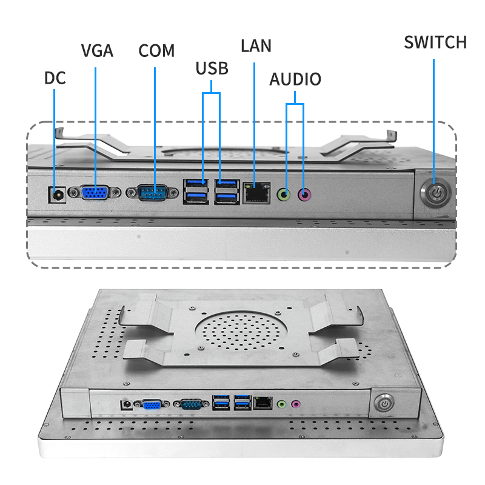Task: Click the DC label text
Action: pos(55,78)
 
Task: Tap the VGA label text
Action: pos(97,50)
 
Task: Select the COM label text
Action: pos(156,50)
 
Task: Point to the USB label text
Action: pos(212,68)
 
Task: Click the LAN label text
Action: pos(256,45)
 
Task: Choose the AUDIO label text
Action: pos(295,79)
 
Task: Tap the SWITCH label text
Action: pos(435,42)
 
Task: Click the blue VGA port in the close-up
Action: pos(96,193)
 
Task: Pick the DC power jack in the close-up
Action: pos(56,195)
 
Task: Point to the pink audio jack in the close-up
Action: pos(305,195)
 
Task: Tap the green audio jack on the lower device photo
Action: pos(281,403)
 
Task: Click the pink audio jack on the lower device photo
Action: pos(296,403)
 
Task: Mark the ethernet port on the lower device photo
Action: pos(262,402)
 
